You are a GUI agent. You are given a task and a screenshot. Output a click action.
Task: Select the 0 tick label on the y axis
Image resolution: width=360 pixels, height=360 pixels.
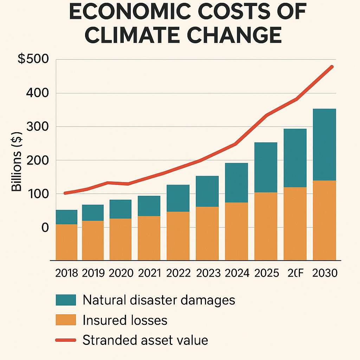click(x=45, y=227)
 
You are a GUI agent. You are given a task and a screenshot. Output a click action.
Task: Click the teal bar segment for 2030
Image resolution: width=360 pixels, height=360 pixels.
click(x=324, y=144)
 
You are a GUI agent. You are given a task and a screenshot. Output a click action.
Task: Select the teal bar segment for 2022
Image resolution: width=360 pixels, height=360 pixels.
click(x=178, y=198)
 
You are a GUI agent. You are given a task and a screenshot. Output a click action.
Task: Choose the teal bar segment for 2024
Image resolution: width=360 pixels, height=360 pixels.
click(x=236, y=182)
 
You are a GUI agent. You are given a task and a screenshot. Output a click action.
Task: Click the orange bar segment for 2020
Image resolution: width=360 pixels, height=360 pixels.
click(x=121, y=239)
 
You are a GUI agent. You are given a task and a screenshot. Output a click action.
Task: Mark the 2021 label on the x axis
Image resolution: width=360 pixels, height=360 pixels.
click(x=149, y=273)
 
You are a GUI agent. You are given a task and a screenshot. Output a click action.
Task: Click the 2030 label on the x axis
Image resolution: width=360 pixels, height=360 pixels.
click(x=324, y=273)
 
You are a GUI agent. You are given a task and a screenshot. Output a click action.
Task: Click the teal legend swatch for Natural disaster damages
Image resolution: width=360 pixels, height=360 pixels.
click(x=66, y=300)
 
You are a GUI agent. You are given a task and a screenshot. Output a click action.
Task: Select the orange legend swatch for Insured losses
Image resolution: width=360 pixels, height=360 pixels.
click(x=66, y=320)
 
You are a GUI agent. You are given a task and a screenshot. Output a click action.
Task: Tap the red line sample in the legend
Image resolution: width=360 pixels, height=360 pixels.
click(x=66, y=340)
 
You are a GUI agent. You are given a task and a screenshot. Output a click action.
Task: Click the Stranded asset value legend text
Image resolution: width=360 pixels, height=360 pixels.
click(x=145, y=340)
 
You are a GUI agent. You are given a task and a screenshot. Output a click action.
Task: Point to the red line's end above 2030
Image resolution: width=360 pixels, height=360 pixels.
click(x=332, y=66)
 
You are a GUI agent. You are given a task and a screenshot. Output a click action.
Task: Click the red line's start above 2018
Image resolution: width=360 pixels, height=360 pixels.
click(x=65, y=193)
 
